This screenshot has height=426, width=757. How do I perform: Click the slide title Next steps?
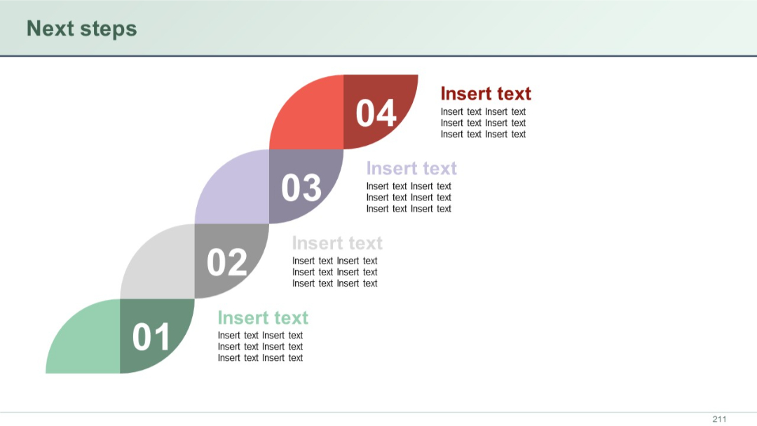click(81, 29)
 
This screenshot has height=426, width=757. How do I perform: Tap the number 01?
click(151, 337)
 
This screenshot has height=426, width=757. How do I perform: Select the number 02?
click(226, 262)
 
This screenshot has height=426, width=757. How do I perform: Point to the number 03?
click(301, 188)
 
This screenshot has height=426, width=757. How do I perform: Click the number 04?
click(376, 114)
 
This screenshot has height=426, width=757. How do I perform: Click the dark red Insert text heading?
click(485, 94)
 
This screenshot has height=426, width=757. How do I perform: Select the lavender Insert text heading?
click(411, 168)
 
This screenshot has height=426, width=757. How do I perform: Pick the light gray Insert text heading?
click(336, 243)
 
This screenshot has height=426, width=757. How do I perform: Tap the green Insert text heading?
click(262, 318)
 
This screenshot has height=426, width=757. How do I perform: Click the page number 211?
click(719, 419)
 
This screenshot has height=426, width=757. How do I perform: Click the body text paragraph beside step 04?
click(483, 123)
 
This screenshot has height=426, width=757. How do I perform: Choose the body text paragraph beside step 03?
click(409, 198)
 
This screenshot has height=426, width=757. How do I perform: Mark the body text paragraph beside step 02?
click(334, 273)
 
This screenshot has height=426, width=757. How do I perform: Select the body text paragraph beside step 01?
click(260, 347)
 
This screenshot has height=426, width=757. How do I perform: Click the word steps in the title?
click(108, 29)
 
